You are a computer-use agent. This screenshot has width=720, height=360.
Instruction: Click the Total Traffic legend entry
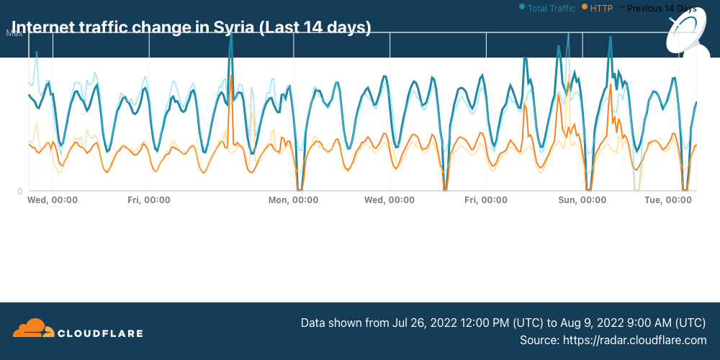551,9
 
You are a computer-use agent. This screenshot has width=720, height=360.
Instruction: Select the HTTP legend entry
600,9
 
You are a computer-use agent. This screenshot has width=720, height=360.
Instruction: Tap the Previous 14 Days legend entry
661,9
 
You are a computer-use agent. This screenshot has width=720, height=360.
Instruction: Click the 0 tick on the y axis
20,191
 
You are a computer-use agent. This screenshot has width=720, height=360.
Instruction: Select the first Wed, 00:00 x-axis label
53,199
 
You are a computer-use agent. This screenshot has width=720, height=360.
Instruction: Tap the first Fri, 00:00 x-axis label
149,199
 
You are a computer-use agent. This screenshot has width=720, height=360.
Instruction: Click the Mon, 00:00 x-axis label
293,199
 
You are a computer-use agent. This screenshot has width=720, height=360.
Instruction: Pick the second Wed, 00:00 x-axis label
389,199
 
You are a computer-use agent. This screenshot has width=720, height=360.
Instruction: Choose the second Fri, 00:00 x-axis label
486,199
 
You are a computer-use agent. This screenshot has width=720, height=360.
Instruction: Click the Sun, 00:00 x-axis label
582,199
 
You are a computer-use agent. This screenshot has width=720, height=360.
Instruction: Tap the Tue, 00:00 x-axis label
670,199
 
